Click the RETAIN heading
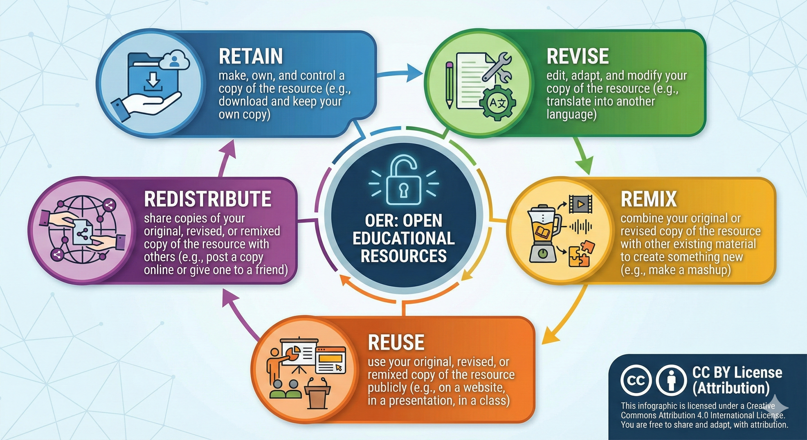coord(251,56)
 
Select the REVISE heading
coord(578,56)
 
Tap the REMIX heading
coord(648,199)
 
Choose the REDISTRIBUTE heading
coord(207,199)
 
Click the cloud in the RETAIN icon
coord(175,61)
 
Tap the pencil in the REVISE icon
coord(450,85)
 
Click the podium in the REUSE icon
coord(317,394)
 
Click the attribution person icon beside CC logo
coord(671,380)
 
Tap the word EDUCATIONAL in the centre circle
coord(403,238)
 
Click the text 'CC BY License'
coord(737,373)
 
